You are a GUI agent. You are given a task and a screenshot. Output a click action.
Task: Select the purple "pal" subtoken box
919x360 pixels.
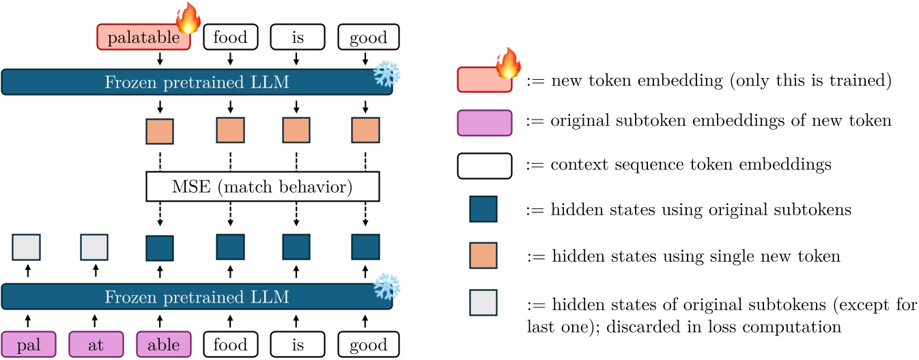27,344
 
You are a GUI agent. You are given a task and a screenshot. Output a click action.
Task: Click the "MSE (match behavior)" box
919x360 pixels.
263,186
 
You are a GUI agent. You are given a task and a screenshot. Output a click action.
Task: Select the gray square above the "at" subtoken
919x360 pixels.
94,247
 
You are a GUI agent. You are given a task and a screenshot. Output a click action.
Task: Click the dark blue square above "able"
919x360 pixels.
160,247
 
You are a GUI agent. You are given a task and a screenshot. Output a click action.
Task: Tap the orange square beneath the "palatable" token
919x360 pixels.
160,131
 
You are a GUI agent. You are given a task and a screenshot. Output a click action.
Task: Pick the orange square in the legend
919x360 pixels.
483,255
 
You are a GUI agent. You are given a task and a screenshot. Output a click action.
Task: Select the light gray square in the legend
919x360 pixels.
483,303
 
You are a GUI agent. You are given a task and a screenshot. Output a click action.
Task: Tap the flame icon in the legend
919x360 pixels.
507,64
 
